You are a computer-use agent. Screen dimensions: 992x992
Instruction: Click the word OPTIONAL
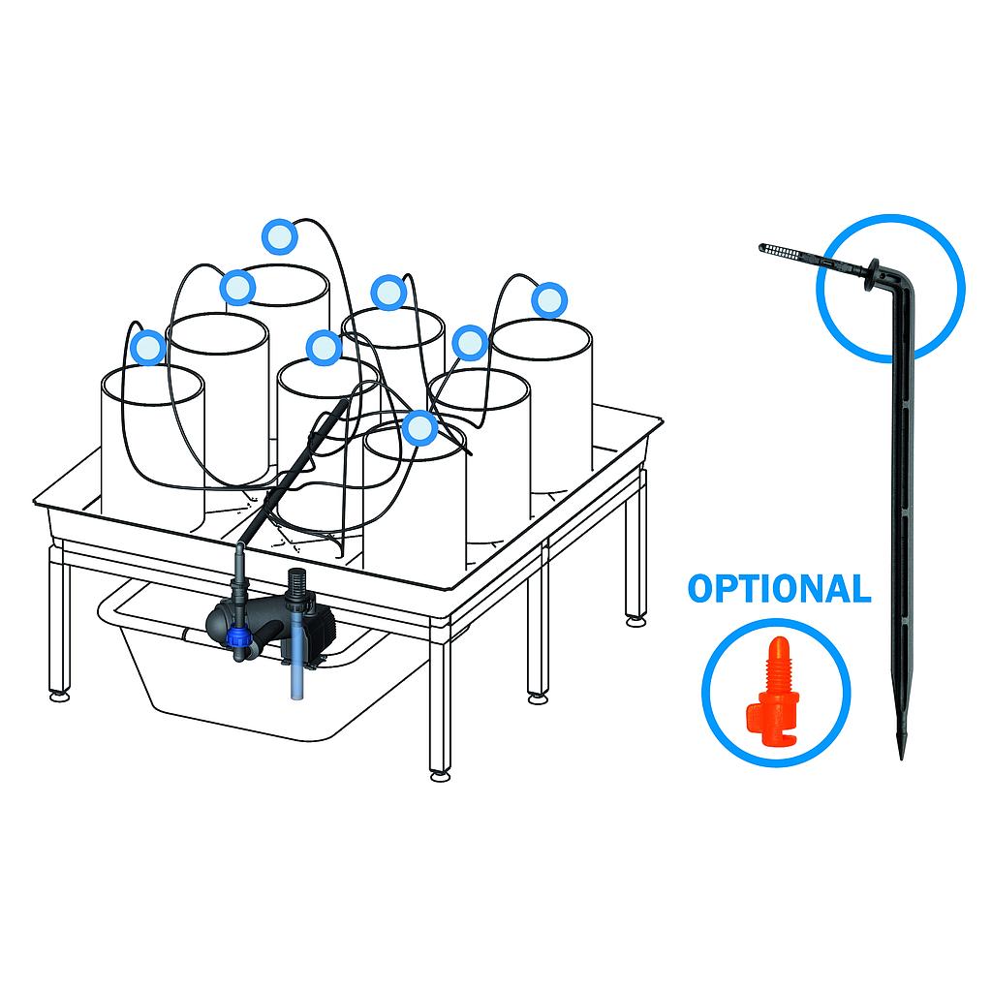(x=779, y=588)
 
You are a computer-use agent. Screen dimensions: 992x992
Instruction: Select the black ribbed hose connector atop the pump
(x=296, y=583)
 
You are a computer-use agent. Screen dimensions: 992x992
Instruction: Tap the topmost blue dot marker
(x=278, y=235)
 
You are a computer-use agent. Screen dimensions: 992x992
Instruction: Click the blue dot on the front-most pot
(x=418, y=427)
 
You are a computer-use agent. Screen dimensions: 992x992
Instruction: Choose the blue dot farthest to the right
(x=549, y=300)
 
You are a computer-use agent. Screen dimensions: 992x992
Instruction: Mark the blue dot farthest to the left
(x=148, y=347)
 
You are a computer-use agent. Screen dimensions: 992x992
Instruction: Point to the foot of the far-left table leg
(x=59, y=694)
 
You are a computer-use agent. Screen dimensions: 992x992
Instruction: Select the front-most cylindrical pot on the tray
(x=414, y=513)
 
